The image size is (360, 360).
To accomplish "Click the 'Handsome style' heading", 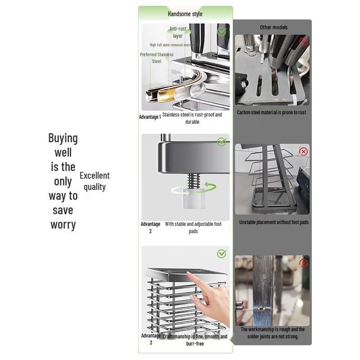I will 185,14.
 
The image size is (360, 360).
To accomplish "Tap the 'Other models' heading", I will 274,27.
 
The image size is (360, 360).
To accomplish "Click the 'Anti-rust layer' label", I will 178,32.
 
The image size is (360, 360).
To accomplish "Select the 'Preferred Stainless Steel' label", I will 156,58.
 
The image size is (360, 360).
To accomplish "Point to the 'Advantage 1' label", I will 150,117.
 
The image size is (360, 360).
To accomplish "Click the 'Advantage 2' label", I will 150,228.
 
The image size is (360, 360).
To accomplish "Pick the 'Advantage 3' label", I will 151,339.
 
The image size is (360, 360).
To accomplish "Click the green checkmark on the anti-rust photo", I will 221,32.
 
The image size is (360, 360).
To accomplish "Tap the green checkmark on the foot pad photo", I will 221,142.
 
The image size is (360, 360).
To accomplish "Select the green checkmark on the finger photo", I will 221,254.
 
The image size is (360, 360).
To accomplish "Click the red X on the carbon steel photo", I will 304,42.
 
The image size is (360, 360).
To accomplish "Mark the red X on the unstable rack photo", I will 303,152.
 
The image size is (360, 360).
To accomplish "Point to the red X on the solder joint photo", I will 304,263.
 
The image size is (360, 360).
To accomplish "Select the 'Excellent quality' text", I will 94,181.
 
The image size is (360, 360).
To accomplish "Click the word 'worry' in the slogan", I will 63,225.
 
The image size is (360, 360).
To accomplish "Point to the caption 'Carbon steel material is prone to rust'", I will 271,112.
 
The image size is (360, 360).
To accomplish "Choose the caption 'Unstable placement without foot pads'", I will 274,222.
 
